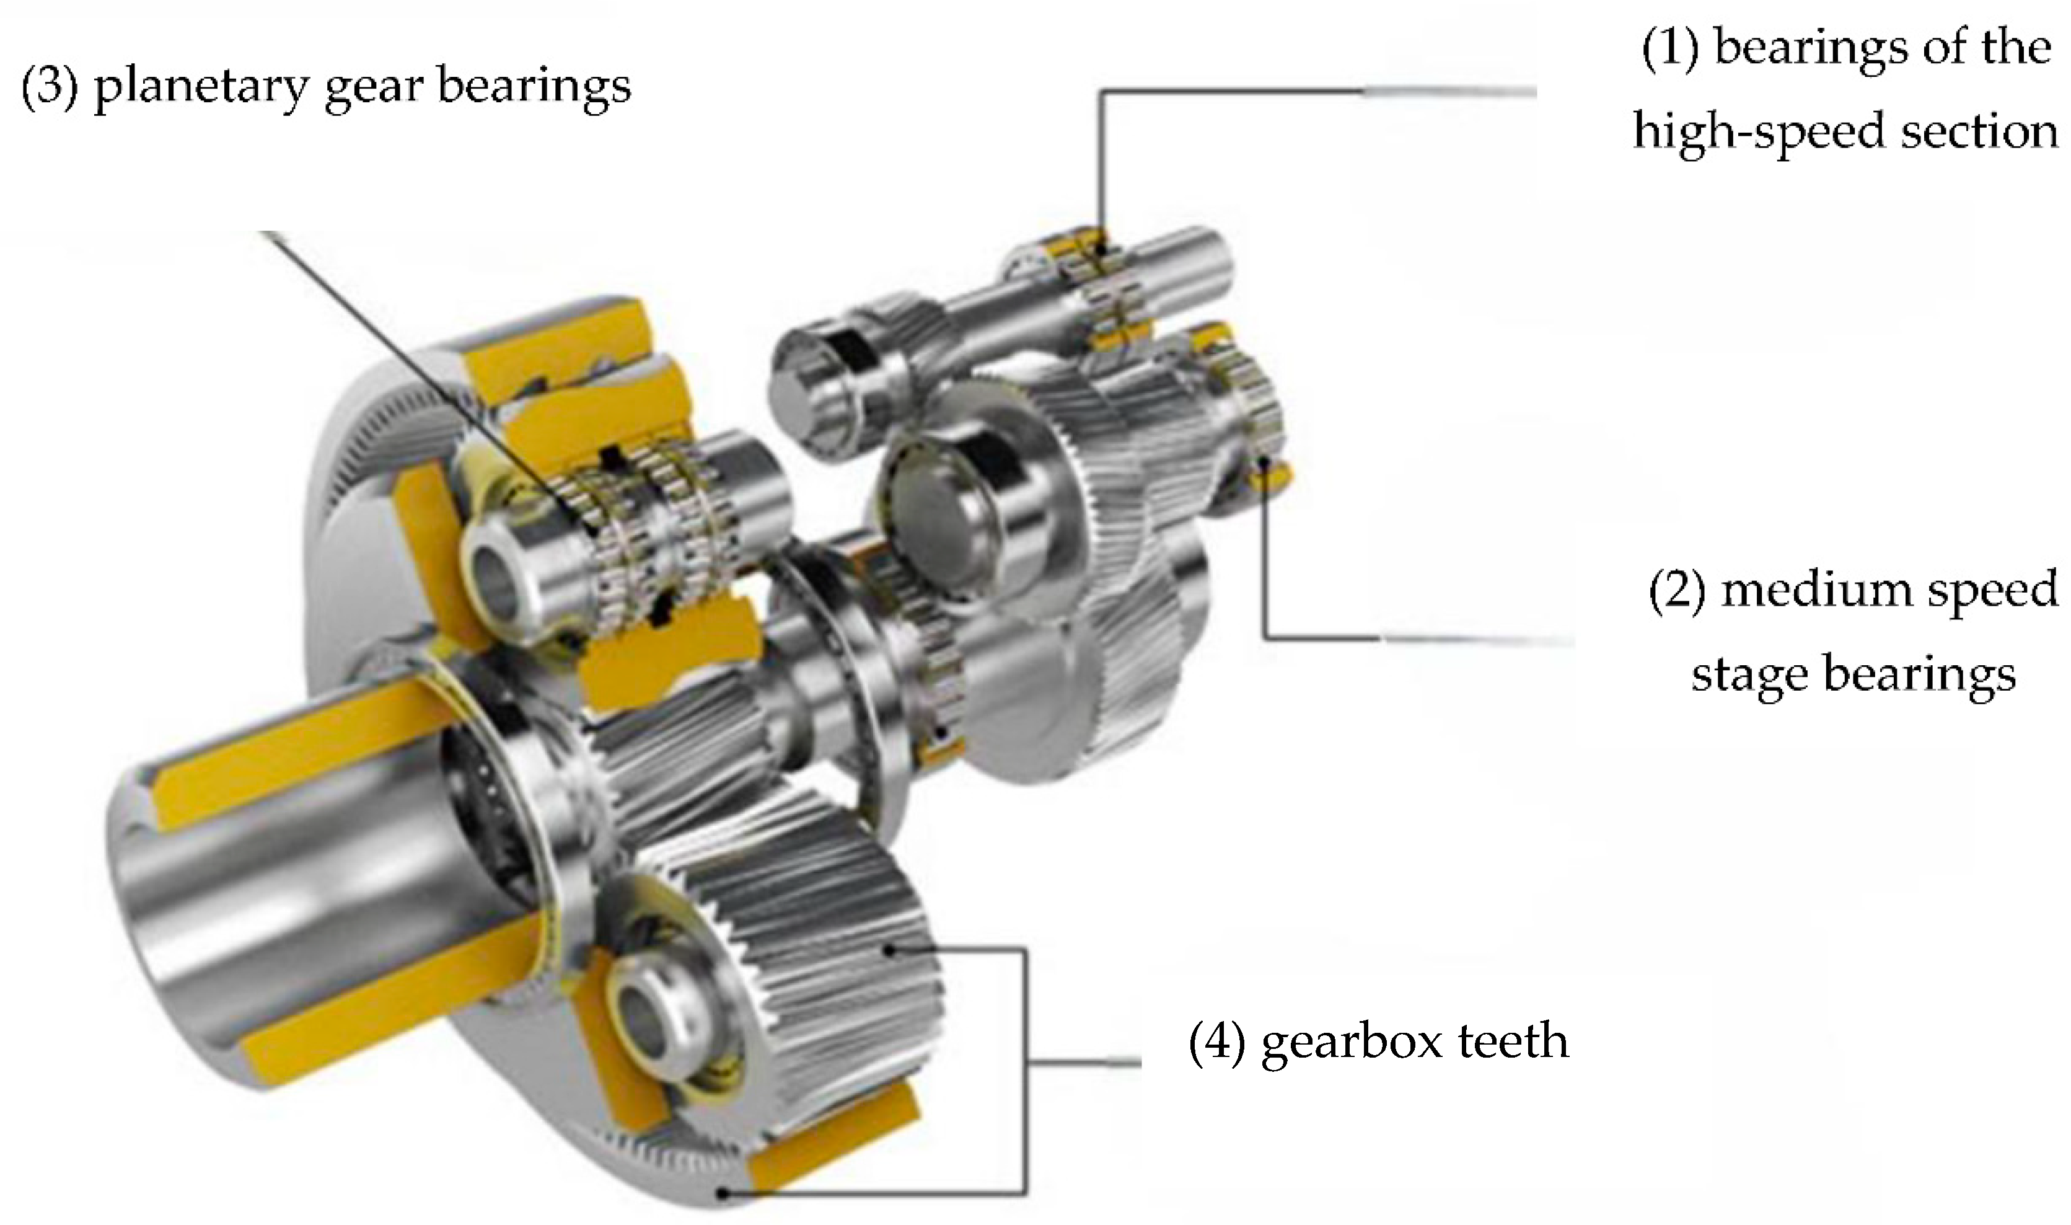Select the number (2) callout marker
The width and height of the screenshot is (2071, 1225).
pos(1677,593)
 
